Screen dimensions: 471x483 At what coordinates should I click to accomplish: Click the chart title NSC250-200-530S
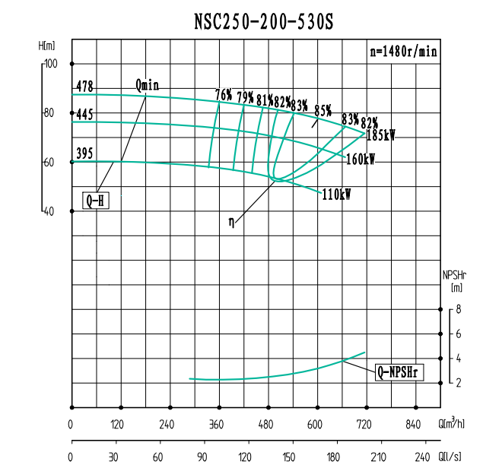pyautogui.click(x=262, y=23)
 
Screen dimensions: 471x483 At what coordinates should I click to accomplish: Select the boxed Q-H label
pyautogui.click(x=96, y=201)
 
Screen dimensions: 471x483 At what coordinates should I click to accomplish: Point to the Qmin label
pyautogui.click(x=147, y=84)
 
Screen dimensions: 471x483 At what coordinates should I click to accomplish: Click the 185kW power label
pyautogui.click(x=381, y=136)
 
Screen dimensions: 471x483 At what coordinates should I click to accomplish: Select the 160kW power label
pyautogui.click(x=361, y=160)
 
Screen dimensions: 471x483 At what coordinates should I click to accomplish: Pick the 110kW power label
pyautogui.click(x=336, y=194)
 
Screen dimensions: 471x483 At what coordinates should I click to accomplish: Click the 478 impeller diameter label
pyautogui.click(x=84, y=87)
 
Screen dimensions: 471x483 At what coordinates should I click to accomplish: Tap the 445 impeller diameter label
pyautogui.click(x=84, y=115)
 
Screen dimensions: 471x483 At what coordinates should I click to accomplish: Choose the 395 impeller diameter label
pyautogui.click(x=84, y=154)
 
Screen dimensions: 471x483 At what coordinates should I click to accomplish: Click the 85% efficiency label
pyautogui.click(x=323, y=109)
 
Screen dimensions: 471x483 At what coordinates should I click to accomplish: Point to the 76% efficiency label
pyautogui.click(x=224, y=95)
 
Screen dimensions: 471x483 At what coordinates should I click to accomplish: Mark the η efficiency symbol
pyautogui.click(x=232, y=222)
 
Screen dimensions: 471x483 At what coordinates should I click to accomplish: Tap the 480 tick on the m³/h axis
pyautogui.click(x=267, y=425)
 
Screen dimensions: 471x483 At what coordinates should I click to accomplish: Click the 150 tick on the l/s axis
pyautogui.click(x=288, y=458)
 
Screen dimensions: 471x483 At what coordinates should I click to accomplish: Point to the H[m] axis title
pyautogui.click(x=47, y=46)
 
